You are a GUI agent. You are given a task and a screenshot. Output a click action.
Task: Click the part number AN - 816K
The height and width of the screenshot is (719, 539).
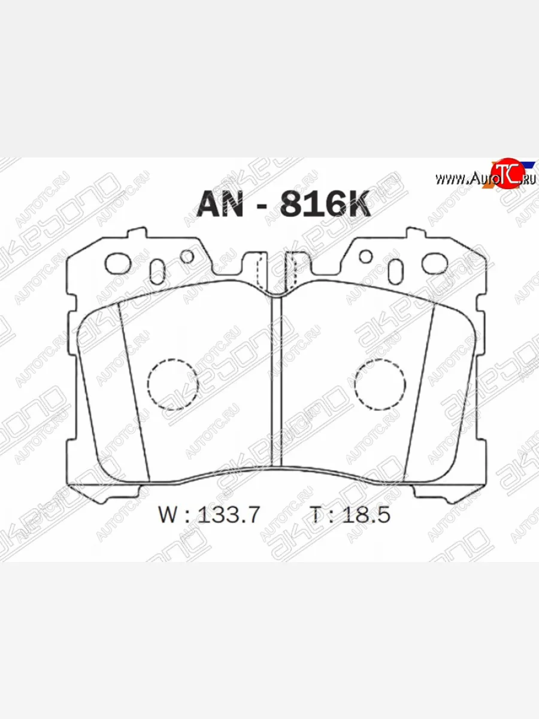pyautogui.click(x=284, y=204)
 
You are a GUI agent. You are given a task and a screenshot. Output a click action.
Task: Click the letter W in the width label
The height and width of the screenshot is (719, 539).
pyautogui.click(x=169, y=515)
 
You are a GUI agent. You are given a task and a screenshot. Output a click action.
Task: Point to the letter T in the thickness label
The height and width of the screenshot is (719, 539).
pyautogui.click(x=316, y=515)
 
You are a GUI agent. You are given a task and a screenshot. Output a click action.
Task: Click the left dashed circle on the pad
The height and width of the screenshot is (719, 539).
pyautogui.click(x=172, y=384)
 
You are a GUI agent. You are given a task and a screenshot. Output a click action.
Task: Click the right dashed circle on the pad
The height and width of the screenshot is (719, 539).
pyautogui.click(x=380, y=384)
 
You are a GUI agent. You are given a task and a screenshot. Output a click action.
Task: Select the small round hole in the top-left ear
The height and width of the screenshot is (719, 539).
pyautogui.click(x=187, y=256)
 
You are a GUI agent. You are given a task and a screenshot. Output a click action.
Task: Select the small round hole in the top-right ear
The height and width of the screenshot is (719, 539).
pyautogui.click(x=365, y=256)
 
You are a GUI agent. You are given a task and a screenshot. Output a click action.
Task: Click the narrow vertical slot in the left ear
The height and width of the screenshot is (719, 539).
pyautogui.click(x=158, y=271)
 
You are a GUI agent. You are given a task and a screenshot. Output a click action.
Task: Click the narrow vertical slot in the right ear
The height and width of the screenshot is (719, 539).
pyautogui.click(x=395, y=271)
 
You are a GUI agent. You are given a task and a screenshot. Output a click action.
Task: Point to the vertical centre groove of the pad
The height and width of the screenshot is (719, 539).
pyautogui.click(x=276, y=383)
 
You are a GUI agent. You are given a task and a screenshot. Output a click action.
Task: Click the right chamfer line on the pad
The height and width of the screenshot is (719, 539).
pyautogui.click(x=419, y=389)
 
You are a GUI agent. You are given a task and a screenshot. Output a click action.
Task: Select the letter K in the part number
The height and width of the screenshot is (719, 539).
pyautogui.click(x=356, y=204)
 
